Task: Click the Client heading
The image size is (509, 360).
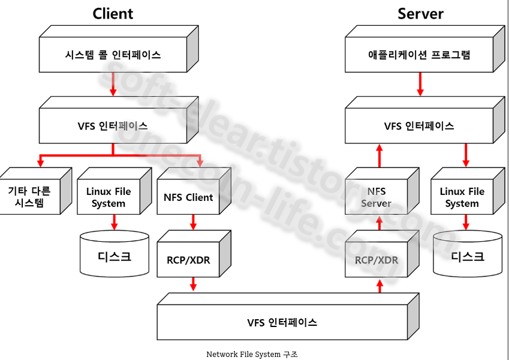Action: coord(113,13)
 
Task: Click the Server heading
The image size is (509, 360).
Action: coord(420,13)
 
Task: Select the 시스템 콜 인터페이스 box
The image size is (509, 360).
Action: coord(113,55)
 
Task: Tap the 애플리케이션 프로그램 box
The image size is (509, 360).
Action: coord(419,55)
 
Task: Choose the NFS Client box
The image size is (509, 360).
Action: coord(188,197)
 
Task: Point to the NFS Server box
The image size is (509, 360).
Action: coord(376,197)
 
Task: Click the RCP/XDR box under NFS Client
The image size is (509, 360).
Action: coord(188,260)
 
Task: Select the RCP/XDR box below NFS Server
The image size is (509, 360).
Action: coord(376,260)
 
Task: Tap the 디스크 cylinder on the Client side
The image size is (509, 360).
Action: coord(114,257)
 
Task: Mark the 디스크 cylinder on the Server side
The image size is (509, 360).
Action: coord(467,257)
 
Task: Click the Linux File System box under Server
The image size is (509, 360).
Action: coord(462,197)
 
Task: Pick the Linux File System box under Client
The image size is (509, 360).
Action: coord(108,197)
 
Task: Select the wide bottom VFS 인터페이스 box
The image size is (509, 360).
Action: coord(282,322)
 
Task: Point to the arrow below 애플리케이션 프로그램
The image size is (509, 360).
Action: coord(420,85)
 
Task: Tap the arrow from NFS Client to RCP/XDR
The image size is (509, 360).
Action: coord(193,223)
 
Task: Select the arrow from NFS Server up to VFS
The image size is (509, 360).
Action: coord(379,155)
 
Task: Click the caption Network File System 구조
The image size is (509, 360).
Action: coord(252,354)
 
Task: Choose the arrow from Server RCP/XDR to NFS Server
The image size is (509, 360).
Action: coord(379,223)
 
